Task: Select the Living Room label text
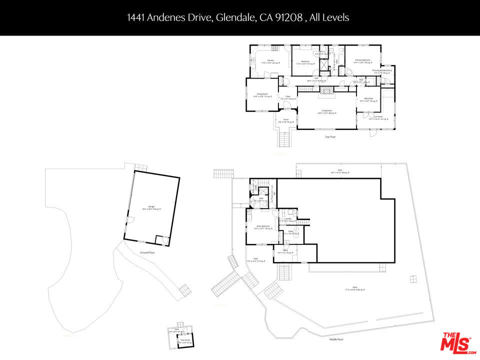[x=327, y=111]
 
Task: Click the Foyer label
[x=288, y=97]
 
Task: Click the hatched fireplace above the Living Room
[x=326, y=90]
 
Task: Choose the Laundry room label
[x=287, y=219]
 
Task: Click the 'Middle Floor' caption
[x=336, y=339]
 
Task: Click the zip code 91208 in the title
[x=289, y=17]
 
